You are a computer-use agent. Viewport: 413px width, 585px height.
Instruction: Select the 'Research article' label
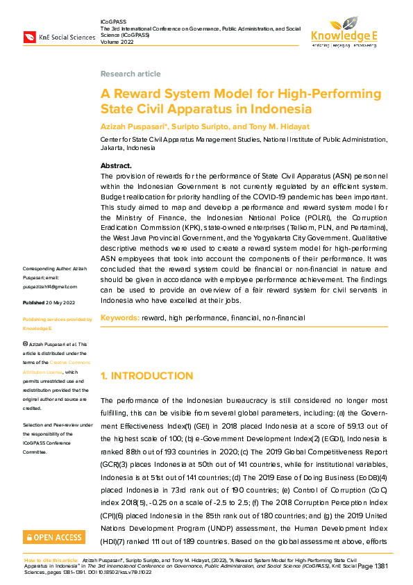click(x=130, y=74)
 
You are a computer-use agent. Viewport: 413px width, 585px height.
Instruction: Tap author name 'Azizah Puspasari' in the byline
click(x=130, y=126)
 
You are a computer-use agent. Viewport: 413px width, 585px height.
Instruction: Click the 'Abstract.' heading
click(x=116, y=166)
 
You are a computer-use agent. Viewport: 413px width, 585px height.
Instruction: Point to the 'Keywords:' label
click(x=119, y=318)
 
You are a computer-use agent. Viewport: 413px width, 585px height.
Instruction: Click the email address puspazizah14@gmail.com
click(x=50, y=286)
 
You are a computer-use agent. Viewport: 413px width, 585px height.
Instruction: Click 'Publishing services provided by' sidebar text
click(x=58, y=319)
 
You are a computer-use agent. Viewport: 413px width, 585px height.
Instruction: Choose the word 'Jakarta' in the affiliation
click(x=115, y=148)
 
